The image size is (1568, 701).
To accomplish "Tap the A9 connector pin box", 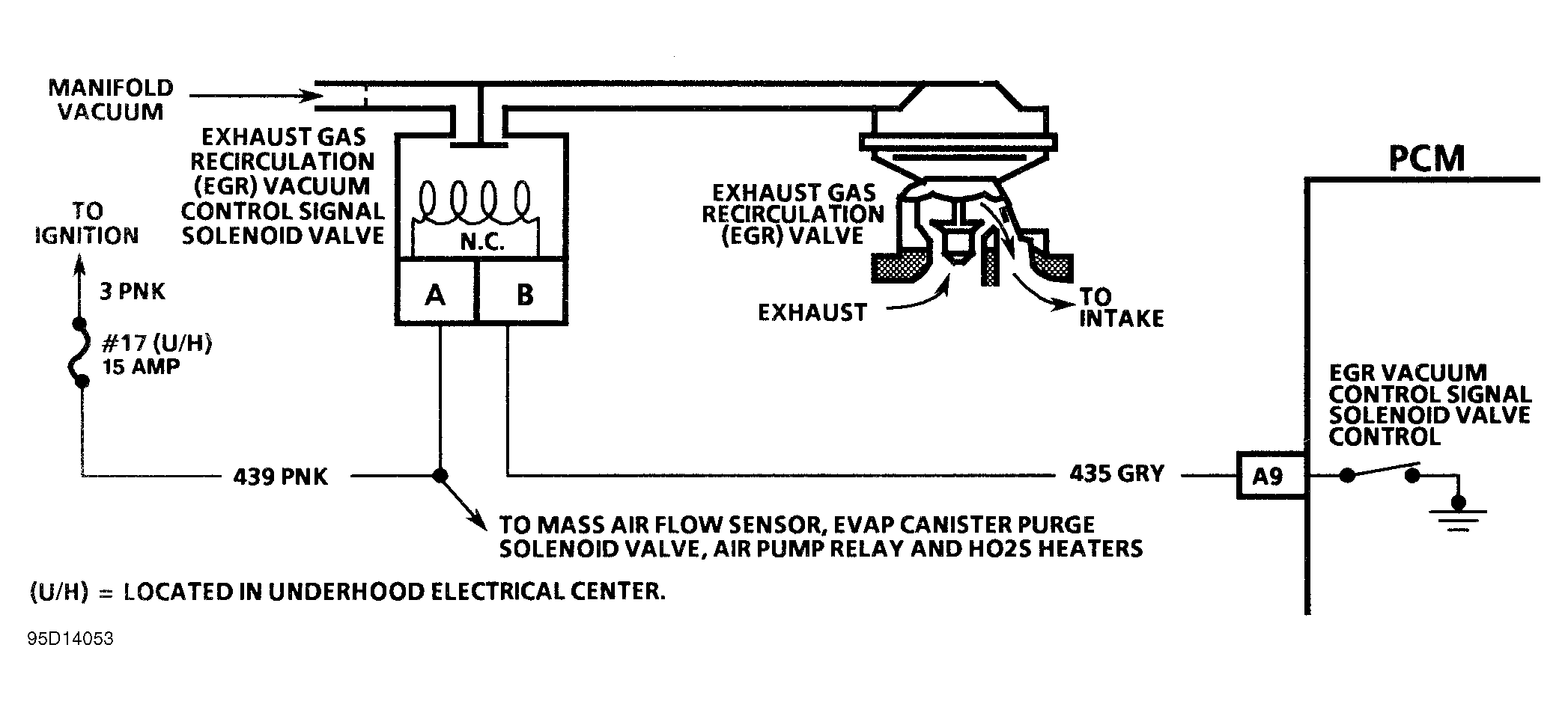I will click(x=1268, y=475).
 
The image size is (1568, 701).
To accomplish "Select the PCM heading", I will click(x=1426, y=159).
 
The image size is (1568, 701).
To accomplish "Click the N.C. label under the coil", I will click(x=481, y=242).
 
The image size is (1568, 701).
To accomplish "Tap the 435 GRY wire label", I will click(x=1116, y=474).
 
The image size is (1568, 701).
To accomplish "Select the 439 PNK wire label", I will click(x=280, y=477).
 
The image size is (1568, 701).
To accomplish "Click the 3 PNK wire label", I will click(x=132, y=291).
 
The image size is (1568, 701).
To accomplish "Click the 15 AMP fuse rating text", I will click(x=141, y=367).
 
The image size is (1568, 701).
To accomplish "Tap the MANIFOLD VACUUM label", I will click(x=110, y=100).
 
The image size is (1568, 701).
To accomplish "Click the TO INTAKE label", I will click(x=1120, y=307).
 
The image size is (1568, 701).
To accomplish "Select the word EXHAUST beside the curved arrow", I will click(x=812, y=312).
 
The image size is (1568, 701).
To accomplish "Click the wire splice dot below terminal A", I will click(x=440, y=475).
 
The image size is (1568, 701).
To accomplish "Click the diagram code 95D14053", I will click(x=70, y=638).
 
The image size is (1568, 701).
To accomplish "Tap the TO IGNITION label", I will click(x=87, y=223).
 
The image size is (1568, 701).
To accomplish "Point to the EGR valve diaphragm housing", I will click(x=958, y=127).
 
